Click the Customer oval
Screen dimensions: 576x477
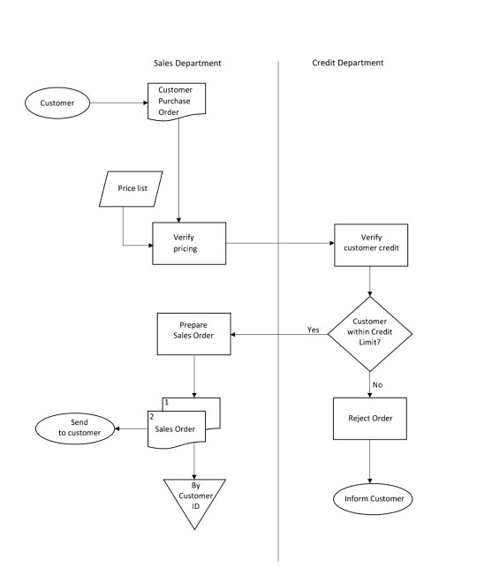[x=57, y=103]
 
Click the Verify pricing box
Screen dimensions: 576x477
[x=188, y=243]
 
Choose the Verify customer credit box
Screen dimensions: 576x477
[x=370, y=243]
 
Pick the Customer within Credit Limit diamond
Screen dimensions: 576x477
[x=370, y=333]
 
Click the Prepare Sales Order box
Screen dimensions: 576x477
[x=193, y=334]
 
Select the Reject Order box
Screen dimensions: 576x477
[x=370, y=418]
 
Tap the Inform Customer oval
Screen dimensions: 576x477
[x=373, y=499]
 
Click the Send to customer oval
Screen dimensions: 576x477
[x=75, y=428]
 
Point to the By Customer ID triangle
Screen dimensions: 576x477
[x=195, y=498]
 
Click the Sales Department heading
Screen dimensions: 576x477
[x=187, y=64]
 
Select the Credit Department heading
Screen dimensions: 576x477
[x=348, y=64]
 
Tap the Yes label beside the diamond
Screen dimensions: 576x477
[x=313, y=330]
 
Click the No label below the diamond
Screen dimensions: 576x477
[x=377, y=384]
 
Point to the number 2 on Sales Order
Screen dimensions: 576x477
[x=152, y=416]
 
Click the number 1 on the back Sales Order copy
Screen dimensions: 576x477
[x=166, y=402]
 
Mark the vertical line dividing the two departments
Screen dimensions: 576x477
[x=279, y=309]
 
